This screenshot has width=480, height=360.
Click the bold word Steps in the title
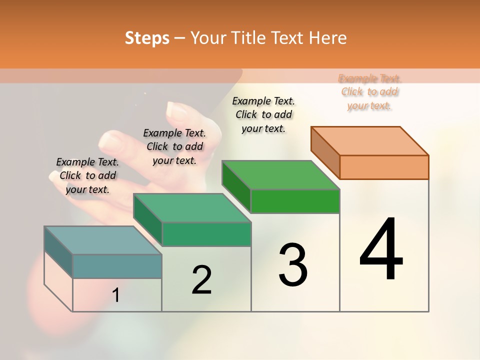[x=147, y=38]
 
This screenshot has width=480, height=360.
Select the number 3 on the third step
[x=293, y=264]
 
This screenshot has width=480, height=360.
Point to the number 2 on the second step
[x=202, y=280]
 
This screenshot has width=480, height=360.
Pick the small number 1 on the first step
[x=116, y=295]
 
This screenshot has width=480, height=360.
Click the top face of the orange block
[x=370, y=141]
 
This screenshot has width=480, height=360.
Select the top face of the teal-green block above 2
[x=192, y=208]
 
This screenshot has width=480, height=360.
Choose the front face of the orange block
[x=384, y=167]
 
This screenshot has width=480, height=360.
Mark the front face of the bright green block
[x=295, y=201]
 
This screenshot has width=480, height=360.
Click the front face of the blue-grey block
[x=117, y=266]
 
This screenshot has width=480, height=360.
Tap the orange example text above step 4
[x=369, y=92]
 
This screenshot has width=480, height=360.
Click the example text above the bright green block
[x=263, y=114]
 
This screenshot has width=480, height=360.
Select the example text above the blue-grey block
[x=87, y=175]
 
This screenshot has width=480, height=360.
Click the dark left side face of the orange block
[x=325, y=152]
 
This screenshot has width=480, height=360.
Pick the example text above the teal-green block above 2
[x=174, y=146]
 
